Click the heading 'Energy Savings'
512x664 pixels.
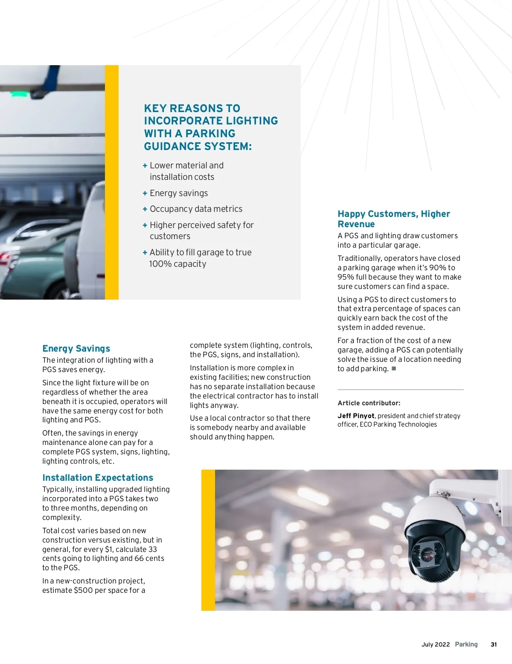click(76, 349)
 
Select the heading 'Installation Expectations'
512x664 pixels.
click(98, 478)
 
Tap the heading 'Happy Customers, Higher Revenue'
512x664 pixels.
click(393, 219)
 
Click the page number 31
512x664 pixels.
click(494, 644)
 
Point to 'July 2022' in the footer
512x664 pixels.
click(435, 644)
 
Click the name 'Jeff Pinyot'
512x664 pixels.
click(356, 416)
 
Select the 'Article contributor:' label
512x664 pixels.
click(369, 403)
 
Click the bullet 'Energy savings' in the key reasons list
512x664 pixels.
click(179, 193)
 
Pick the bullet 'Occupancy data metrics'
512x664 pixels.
click(196, 209)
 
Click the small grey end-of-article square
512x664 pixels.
click(394, 369)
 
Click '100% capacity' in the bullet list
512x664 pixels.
click(177, 264)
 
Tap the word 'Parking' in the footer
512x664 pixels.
click(466, 644)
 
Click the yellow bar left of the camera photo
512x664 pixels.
click(208, 540)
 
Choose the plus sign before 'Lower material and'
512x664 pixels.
click(145, 166)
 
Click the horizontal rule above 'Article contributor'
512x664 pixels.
click(400, 390)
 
